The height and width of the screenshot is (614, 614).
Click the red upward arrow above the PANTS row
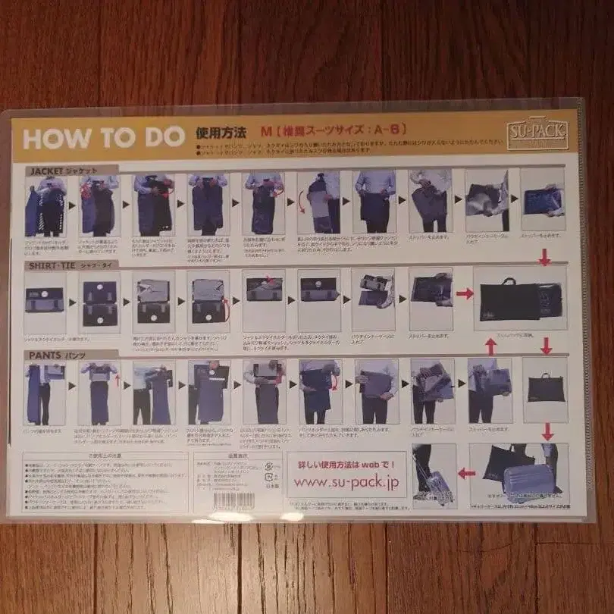pyautogui.click(x=490, y=346)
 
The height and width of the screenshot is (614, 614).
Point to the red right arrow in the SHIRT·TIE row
pyautogui.click(x=465, y=293)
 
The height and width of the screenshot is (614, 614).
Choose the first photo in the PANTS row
pyautogui.click(x=45, y=392)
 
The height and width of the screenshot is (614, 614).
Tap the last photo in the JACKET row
pyautogui.click(x=543, y=200)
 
